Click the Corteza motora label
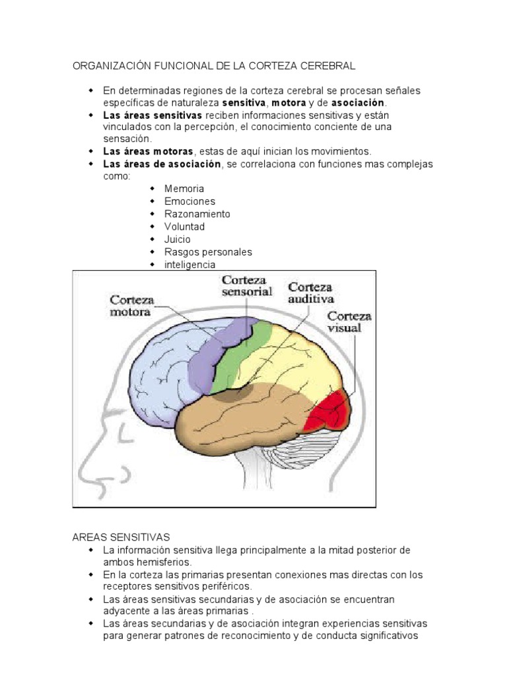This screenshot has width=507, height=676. [x=132, y=306]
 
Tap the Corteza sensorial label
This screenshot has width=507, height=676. [x=247, y=286]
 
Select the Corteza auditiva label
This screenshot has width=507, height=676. [x=310, y=292]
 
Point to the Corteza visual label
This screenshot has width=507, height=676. [x=349, y=321]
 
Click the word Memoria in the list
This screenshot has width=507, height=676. [x=184, y=189]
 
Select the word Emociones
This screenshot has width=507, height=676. [x=189, y=201]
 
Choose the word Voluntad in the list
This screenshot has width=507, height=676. [x=185, y=226]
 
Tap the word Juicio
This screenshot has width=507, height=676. [x=178, y=239]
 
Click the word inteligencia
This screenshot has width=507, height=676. [x=190, y=264]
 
